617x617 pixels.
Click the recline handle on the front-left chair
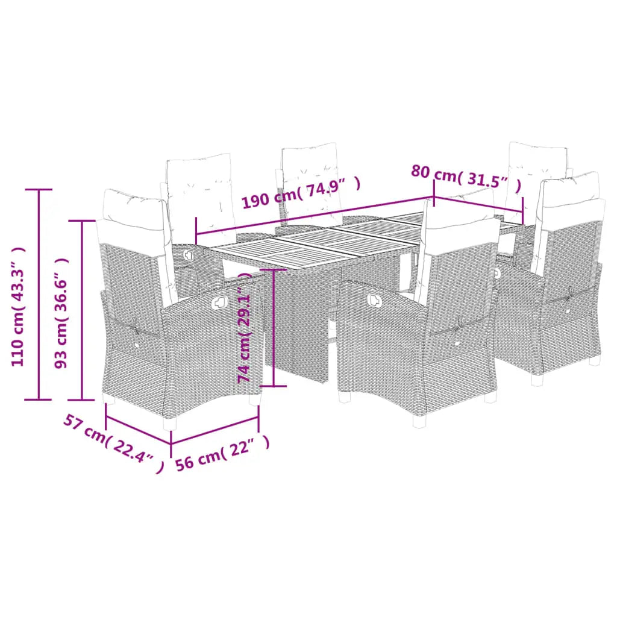click(221, 298)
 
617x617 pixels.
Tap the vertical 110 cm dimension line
click(40, 294)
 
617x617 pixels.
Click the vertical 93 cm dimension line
click(82, 310)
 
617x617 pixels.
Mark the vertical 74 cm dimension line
click(275, 328)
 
